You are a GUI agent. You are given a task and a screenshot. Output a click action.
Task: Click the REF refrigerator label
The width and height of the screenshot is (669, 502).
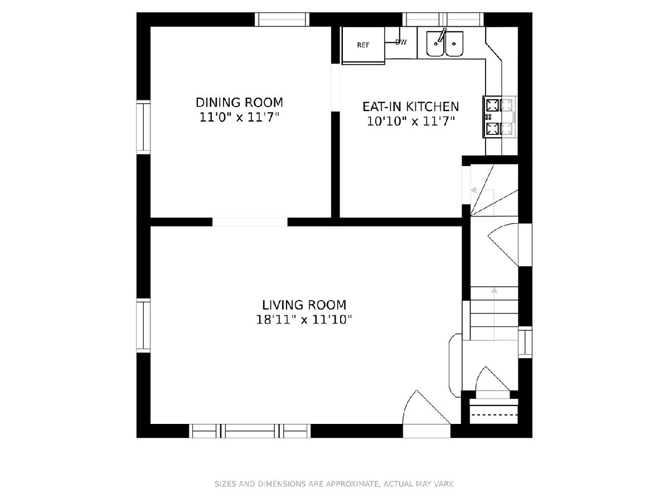point(363,45)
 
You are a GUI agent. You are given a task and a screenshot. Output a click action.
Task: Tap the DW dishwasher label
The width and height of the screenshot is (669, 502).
point(401,42)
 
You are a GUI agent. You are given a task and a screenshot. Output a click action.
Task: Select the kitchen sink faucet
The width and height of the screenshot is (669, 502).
point(442,35)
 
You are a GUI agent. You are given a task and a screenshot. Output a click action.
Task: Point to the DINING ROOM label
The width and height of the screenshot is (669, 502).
point(239,103)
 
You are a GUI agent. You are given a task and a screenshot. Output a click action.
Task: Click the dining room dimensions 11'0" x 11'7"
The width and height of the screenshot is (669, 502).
point(239,117)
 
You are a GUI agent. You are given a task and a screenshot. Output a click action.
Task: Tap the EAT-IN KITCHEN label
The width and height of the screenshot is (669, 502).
point(410,107)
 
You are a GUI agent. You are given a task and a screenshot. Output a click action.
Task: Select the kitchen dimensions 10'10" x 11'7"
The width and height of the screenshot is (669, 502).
point(410,121)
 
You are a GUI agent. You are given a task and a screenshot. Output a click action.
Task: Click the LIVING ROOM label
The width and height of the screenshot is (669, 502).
point(304,305)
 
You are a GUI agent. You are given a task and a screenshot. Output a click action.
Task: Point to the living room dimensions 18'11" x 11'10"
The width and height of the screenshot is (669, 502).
point(304,320)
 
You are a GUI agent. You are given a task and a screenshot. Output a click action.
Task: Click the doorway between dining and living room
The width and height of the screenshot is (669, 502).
point(250,222)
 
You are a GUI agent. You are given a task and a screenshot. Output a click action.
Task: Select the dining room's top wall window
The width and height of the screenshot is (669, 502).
point(282,20)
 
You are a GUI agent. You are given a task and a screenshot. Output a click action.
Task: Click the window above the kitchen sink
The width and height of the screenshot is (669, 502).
point(443,20)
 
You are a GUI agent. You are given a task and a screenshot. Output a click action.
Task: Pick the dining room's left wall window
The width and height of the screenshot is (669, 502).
point(143,127)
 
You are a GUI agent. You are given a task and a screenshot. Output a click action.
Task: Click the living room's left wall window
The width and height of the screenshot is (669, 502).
point(143,326)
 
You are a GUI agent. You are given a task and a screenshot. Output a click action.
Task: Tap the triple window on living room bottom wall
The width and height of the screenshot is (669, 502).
point(250,431)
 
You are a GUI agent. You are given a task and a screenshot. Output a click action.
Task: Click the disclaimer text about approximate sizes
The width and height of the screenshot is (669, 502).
point(334,484)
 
